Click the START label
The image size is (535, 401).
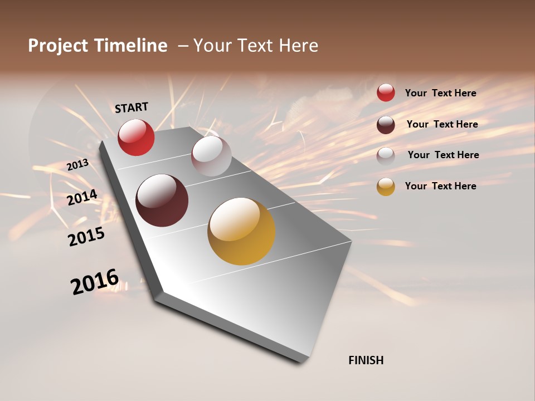click(132, 107)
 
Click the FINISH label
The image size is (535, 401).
click(366, 360)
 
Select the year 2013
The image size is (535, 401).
click(77, 165)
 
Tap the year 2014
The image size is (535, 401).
click(82, 198)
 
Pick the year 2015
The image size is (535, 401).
click(86, 237)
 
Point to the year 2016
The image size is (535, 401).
click(95, 281)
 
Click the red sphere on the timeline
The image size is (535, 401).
click(136, 137)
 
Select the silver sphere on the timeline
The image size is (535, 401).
click(211, 156)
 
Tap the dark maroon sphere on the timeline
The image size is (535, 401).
click(162, 200)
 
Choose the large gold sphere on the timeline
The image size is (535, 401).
click(241, 231)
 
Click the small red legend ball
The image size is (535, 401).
click(386, 92)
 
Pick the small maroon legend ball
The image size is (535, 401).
click(386, 124)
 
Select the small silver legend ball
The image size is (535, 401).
click(386, 155)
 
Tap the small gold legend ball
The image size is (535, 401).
click(386, 187)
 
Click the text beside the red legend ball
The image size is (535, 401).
click(440, 93)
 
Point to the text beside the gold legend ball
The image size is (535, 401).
click(440, 186)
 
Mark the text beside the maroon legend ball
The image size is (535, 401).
click(442, 124)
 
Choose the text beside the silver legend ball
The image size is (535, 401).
click(443, 155)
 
